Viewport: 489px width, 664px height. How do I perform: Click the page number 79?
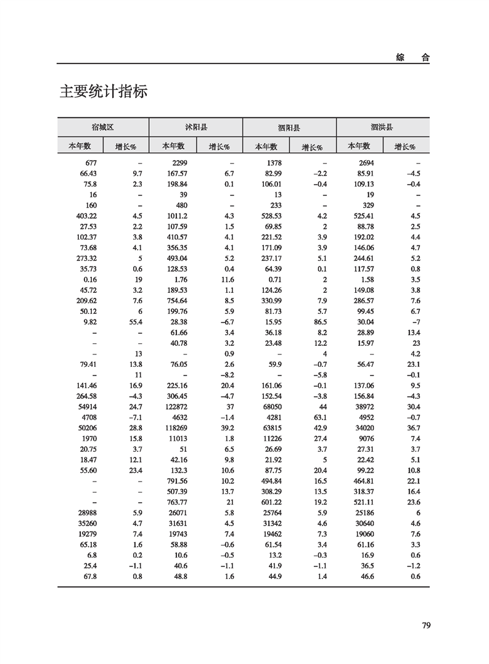point(425,626)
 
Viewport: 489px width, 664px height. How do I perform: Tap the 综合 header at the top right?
point(413,57)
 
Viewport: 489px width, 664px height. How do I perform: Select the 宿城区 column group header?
point(102,128)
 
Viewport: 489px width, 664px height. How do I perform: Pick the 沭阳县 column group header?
point(196,128)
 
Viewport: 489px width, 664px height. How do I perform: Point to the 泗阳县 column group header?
point(289,128)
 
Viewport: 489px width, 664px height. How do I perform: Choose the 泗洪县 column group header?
point(382,128)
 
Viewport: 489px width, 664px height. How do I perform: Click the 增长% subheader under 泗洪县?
point(405,147)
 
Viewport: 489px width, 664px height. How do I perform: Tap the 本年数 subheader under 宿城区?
point(80,146)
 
